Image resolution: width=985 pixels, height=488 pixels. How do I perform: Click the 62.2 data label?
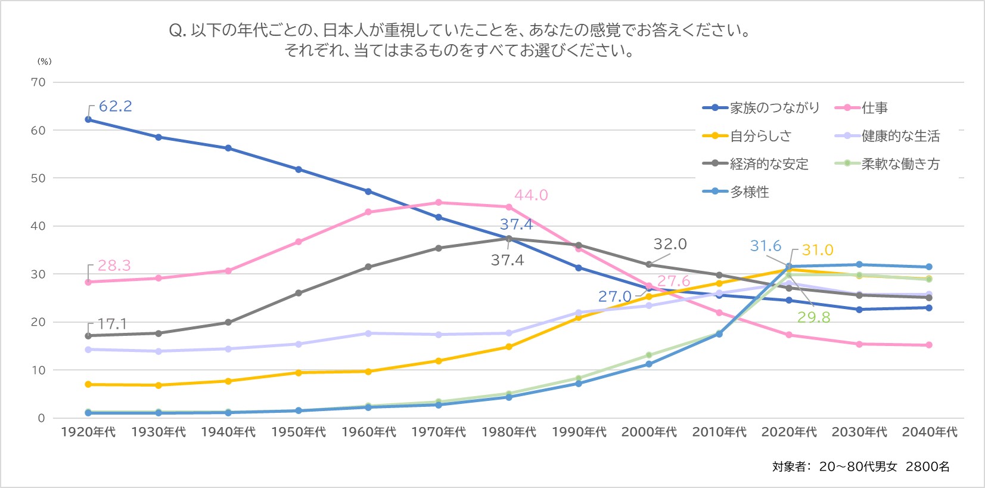[x=115, y=106]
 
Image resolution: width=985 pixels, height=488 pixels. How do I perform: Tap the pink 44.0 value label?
[x=531, y=195]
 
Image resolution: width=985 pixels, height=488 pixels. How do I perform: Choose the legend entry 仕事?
[x=874, y=108]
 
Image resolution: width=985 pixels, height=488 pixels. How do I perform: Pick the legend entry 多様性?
[x=749, y=192]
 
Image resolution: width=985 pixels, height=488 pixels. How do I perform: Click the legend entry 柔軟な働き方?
[x=900, y=164]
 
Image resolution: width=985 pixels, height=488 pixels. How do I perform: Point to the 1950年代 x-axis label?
[x=299, y=432]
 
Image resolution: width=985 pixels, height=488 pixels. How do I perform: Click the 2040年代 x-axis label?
[x=930, y=432]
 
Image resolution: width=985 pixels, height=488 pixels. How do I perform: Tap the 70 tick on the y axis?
[x=38, y=82]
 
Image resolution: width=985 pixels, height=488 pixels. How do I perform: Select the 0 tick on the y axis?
[x=41, y=418]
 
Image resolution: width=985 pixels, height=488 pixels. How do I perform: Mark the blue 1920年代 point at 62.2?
[x=88, y=119]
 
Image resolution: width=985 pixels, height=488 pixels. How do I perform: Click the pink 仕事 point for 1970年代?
[x=439, y=202]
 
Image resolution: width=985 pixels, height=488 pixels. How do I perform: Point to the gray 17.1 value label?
[x=112, y=324]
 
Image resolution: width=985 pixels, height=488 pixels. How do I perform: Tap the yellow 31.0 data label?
[x=817, y=250]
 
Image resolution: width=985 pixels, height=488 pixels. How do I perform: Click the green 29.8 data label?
[x=813, y=317]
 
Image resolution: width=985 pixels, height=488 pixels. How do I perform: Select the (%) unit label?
[x=45, y=61]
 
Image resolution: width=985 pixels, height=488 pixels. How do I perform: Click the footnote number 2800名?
[x=927, y=467]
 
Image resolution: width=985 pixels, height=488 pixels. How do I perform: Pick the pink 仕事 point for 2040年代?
[x=929, y=345]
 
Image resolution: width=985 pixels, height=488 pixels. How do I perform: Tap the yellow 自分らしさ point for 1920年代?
[x=88, y=384]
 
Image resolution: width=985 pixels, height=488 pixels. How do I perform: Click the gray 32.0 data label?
[x=670, y=244]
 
